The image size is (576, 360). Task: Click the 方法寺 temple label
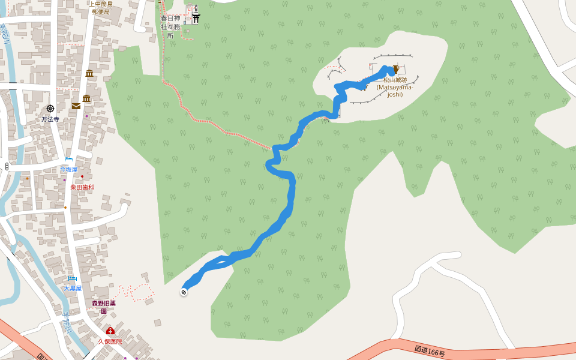pyautogui.click(x=50, y=119)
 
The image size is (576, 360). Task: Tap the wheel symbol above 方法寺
pyautogui.click(x=50, y=109)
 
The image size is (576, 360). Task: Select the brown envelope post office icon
pyautogui.click(x=76, y=106)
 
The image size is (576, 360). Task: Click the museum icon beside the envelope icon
pyautogui.click(x=87, y=98)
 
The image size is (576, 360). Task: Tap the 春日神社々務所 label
pyautogui.click(x=170, y=27)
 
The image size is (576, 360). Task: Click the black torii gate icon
pyautogui.click(x=196, y=19)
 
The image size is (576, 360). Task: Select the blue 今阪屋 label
pyautogui.click(x=68, y=169)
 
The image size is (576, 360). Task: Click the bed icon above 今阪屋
pyautogui.click(x=69, y=159)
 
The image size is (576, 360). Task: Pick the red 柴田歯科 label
pyautogui.click(x=82, y=187)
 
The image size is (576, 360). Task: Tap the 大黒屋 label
pyautogui.click(x=73, y=289)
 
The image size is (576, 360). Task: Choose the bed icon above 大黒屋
pyautogui.click(x=73, y=278)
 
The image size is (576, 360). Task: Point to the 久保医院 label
pyautogui.click(x=110, y=341)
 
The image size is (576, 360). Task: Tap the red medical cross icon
pyautogui.click(x=110, y=331)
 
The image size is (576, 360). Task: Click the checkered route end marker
pyautogui.click(x=184, y=292)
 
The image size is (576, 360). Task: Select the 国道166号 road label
pyautogui.click(x=430, y=350)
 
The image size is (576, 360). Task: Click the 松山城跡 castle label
pyautogui.click(x=395, y=80)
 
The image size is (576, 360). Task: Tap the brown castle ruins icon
pyautogui.click(x=396, y=70)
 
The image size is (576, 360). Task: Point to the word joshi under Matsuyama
pyautogui.click(x=395, y=94)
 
